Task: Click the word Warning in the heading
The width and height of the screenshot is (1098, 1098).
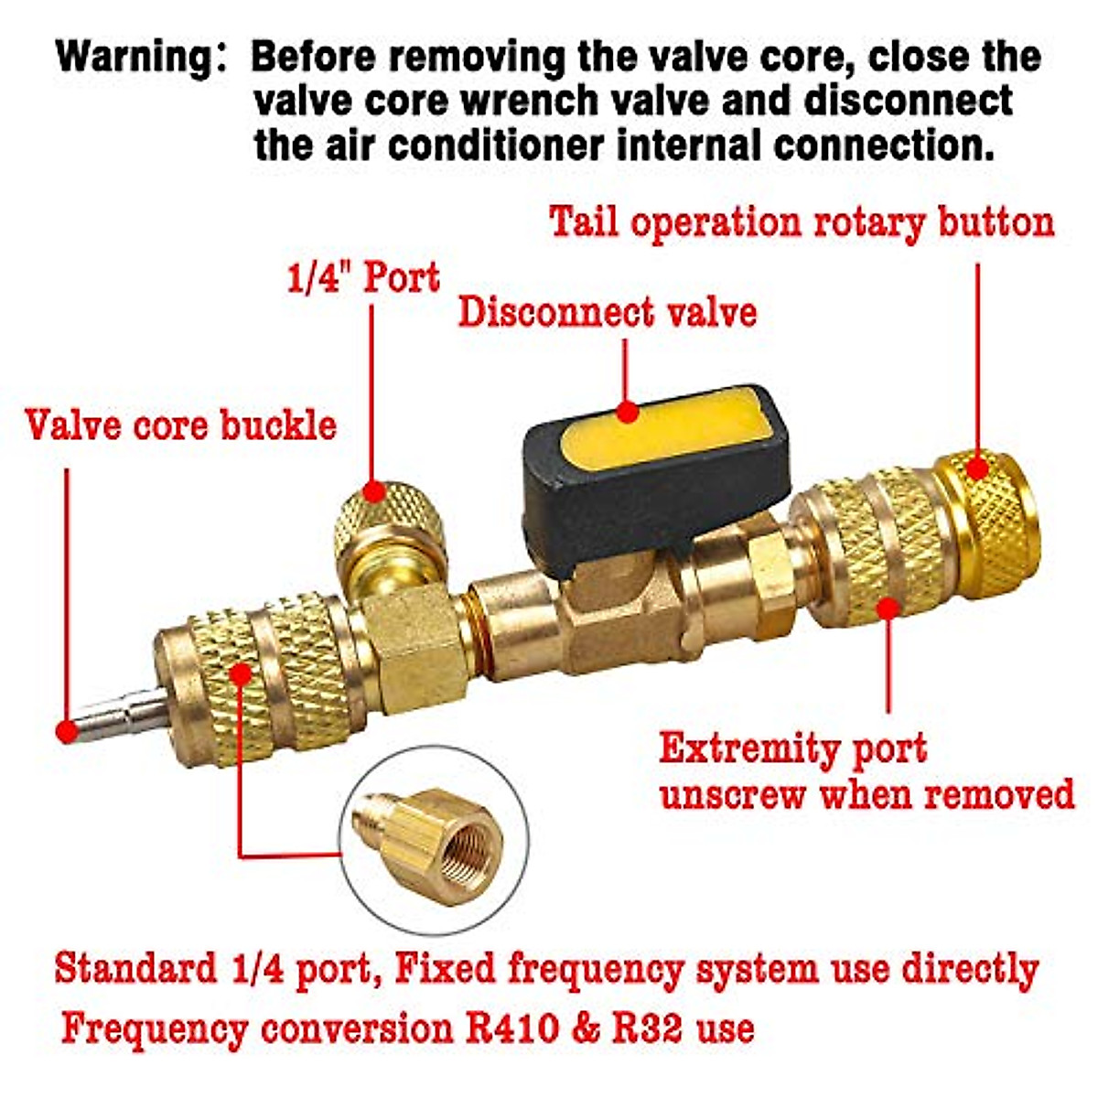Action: pyautogui.click(x=134, y=57)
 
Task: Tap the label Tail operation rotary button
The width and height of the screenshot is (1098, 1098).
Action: pyautogui.click(x=802, y=222)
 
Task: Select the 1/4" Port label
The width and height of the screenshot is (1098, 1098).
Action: pyautogui.click(x=363, y=278)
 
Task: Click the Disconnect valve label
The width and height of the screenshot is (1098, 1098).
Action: pyautogui.click(x=608, y=313)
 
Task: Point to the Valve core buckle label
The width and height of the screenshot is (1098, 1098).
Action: pyautogui.click(x=181, y=426)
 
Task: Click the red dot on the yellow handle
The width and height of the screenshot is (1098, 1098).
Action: pyautogui.click(x=627, y=412)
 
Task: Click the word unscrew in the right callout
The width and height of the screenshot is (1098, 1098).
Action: pyautogui.click(x=733, y=794)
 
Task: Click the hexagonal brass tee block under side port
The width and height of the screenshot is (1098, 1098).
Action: pyautogui.click(x=412, y=640)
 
